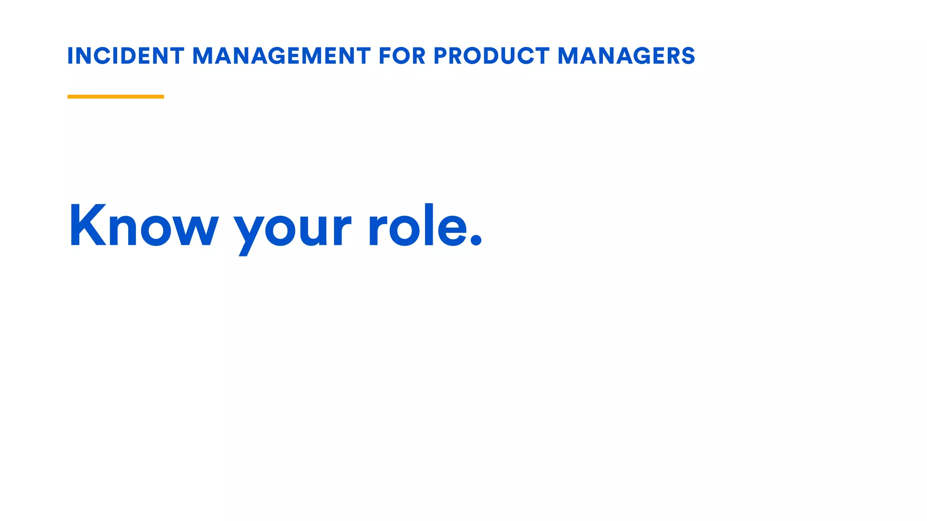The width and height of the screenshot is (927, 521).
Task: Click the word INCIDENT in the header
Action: [x=125, y=56]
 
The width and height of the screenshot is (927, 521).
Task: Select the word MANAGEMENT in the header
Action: [x=282, y=56]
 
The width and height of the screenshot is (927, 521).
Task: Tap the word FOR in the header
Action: [x=402, y=56]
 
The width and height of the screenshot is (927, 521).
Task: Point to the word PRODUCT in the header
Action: [x=492, y=56]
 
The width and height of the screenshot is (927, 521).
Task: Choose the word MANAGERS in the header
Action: [x=626, y=56]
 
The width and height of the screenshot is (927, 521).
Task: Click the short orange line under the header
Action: [x=115, y=96]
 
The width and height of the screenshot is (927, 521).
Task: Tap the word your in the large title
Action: [x=292, y=228]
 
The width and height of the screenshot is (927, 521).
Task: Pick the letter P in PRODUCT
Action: [x=441, y=56]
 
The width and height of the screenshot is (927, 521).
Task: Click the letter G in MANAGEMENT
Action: [x=279, y=56]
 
